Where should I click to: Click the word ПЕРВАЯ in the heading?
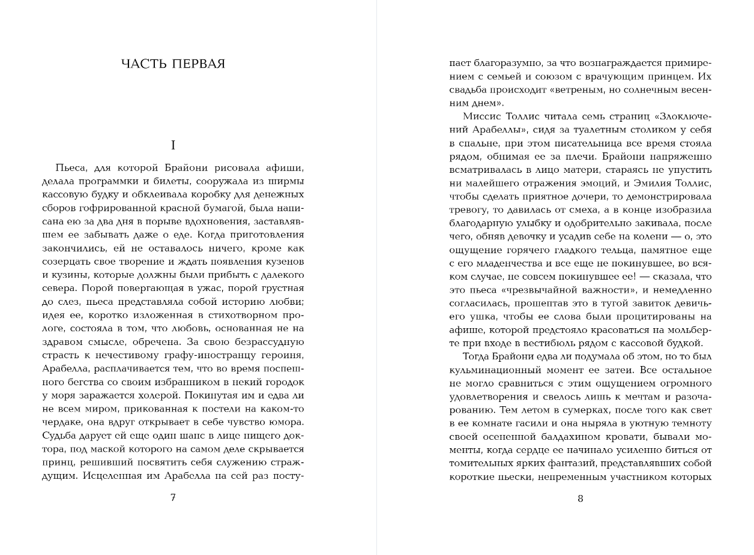click(198, 64)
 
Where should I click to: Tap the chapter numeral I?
click(173, 145)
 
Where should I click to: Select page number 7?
click(173, 497)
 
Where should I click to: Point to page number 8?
click(580, 499)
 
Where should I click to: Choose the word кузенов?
click(282, 262)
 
